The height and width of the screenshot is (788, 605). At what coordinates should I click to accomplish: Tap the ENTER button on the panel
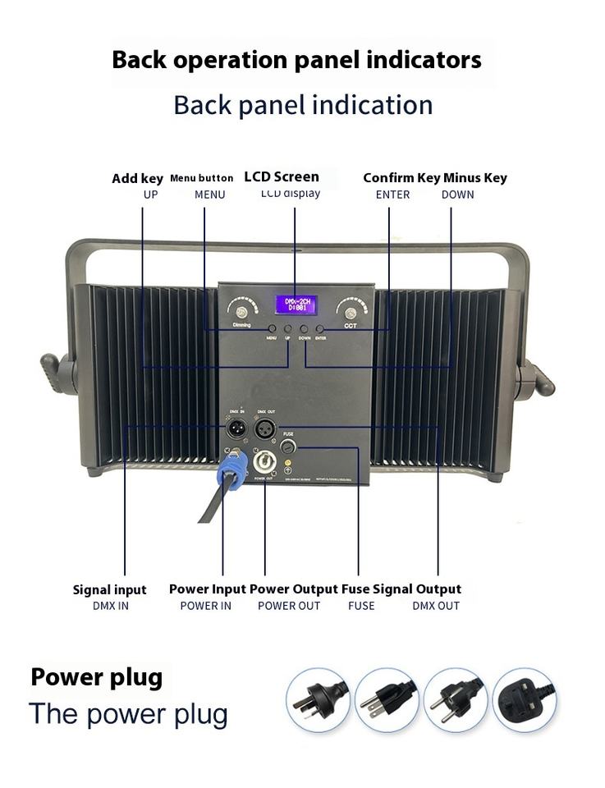[x=319, y=329]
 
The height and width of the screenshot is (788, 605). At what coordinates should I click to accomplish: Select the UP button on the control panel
[x=288, y=329]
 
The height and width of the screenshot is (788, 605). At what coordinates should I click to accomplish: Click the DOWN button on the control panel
[x=305, y=329]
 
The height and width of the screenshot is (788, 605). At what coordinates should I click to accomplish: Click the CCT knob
[x=351, y=311]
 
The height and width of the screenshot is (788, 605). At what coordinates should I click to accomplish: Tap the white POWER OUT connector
[x=264, y=462]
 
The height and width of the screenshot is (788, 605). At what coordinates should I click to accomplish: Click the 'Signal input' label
[x=109, y=589]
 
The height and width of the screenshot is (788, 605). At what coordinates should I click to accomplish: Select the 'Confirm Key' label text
[x=401, y=177]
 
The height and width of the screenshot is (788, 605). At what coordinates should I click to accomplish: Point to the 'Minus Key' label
[x=474, y=177]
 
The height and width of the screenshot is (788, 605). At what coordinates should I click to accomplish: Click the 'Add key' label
[x=137, y=178]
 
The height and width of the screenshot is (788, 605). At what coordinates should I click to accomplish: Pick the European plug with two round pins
[x=456, y=700]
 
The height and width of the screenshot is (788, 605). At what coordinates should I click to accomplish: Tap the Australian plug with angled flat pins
[x=318, y=700]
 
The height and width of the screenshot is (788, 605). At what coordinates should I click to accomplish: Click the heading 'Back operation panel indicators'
[x=296, y=60]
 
